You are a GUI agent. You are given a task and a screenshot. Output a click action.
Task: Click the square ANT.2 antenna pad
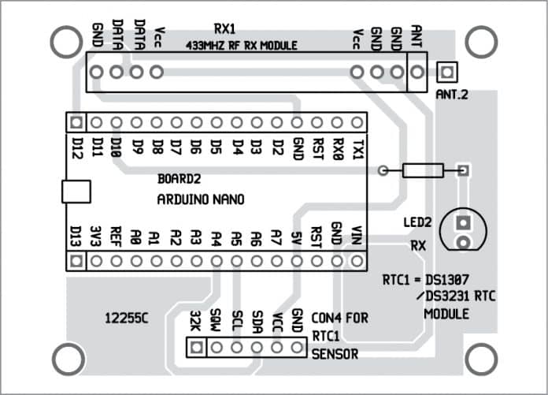coord(447,73)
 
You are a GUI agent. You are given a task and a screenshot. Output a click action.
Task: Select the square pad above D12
coord(76,122)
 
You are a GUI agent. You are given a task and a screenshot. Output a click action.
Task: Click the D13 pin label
coord(76,236)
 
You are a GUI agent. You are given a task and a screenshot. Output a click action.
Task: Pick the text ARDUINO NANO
coord(200,199)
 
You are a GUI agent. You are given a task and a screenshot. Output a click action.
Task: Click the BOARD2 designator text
coord(180,178)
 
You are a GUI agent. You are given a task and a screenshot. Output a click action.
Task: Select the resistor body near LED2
coord(423,170)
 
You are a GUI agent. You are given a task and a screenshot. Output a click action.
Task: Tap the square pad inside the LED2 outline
coord(465,223)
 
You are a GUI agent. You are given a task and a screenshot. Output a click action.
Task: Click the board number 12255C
coord(127,318)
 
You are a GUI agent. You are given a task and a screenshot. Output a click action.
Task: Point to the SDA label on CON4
coord(257,321)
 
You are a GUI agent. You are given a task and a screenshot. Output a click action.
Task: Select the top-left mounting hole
coord(62,39)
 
